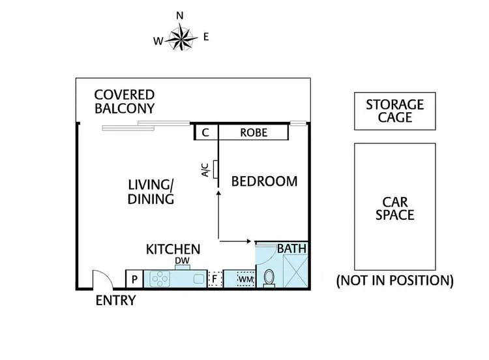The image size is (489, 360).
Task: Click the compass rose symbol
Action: [x=181, y=37]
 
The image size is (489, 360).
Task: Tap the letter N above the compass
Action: [x=180, y=14]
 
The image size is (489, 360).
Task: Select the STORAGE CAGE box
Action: [x=394, y=111]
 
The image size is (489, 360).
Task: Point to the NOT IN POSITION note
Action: [x=394, y=281]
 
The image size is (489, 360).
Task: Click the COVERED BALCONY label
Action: [x=125, y=101]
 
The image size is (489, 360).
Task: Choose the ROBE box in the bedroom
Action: [x=253, y=133]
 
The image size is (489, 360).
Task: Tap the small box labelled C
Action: [x=206, y=133]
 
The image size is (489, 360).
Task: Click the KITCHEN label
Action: [x=172, y=249]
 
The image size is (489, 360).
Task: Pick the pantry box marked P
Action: [x=134, y=279]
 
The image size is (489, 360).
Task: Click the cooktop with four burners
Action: [x=160, y=279]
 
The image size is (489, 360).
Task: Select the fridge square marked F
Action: [x=215, y=279]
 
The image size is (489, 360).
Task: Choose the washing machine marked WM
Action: [x=245, y=279]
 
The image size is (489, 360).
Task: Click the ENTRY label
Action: [x=115, y=301]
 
